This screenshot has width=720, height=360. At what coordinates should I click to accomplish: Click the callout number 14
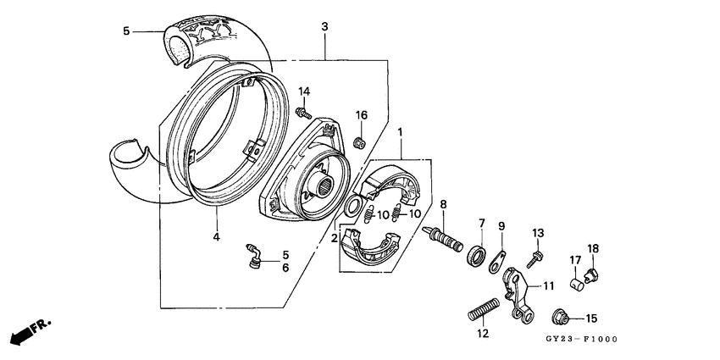(304, 91)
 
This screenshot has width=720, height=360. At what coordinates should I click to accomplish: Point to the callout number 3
(324, 27)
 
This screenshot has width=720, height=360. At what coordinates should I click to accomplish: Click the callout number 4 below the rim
(216, 238)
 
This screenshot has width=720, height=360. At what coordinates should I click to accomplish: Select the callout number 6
(285, 268)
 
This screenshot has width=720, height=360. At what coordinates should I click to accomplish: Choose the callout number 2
(334, 238)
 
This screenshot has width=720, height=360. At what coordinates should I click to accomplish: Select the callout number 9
(501, 226)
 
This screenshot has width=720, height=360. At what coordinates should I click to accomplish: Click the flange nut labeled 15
(561, 318)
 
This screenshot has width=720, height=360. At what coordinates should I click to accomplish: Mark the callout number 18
(592, 248)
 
